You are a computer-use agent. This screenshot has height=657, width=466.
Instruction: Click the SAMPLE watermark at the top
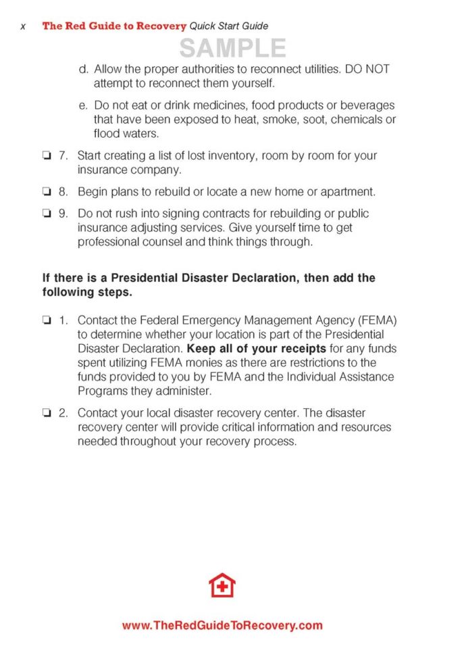click(232, 48)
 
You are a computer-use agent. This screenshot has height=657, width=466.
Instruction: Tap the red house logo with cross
click(222, 585)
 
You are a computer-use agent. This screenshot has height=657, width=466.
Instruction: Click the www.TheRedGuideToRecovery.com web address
click(222, 626)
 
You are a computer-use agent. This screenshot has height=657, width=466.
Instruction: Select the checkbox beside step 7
click(47, 155)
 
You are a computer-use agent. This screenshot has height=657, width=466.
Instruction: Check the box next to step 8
click(47, 192)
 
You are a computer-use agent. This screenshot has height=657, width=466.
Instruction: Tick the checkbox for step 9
click(47, 214)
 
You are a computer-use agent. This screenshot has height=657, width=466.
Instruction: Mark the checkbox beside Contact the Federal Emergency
click(47, 319)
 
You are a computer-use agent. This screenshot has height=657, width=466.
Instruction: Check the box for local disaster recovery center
click(47, 412)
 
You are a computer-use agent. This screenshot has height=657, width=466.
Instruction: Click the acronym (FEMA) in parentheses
click(373, 319)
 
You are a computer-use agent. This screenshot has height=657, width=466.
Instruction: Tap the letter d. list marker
click(84, 69)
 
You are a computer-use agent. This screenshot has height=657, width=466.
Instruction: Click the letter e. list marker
click(84, 105)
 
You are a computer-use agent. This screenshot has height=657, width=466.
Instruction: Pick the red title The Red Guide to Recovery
click(114, 26)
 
